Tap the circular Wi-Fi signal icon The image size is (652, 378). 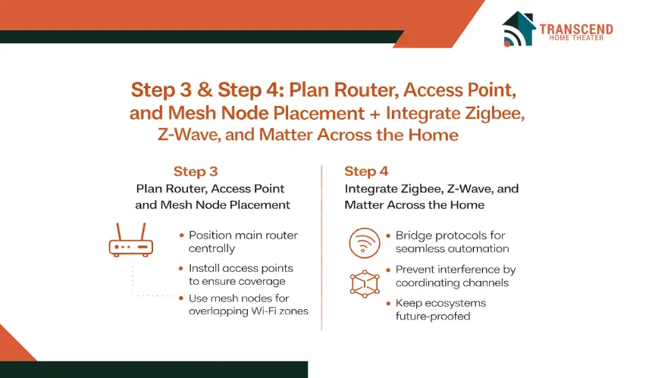pyautogui.click(x=364, y=243)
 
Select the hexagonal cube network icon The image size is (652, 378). pyautogui.click(x=365, y=284)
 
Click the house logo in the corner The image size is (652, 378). pyautogui.click(x=519, y=29)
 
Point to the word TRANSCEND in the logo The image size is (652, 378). pyautogui.click(x=576, y=29)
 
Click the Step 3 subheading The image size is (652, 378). pyautogui.click(x=196, y=171)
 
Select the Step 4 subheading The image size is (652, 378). pyautogui.click(x=366, y=171)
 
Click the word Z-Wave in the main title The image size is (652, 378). pyautogui.click(x=190, y=135)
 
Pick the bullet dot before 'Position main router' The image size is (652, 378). pyautogui.click(x=181, y=235)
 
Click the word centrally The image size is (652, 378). pyautogui.click(x=212, y=248)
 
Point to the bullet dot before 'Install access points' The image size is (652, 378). pyautogui.click(x=181, y=268)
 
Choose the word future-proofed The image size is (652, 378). pyautogui.click(x=433, y=316)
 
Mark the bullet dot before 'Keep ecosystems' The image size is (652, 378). pyautogui.click(x=388, y=303)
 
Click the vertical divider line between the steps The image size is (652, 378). pyautogui.click(x=321, y=248)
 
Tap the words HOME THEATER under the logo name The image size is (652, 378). pyautogui.click(x=576, y=38)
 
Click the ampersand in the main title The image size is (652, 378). pyautogui.click(x=205, y=90)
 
